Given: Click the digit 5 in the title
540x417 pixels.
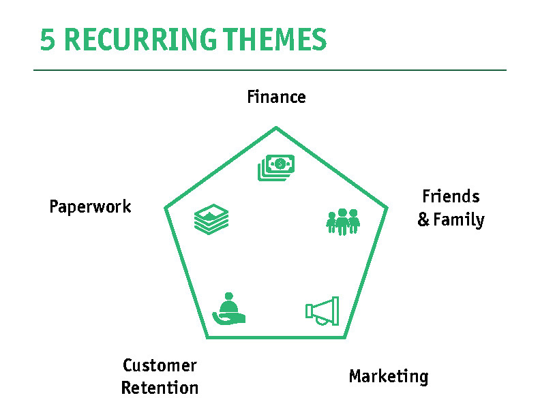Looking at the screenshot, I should click(47, 40).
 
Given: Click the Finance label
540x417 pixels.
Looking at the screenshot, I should click(276, 97).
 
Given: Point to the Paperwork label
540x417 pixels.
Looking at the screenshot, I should click(90, 206).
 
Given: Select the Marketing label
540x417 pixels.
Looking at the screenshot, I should click(389, 376).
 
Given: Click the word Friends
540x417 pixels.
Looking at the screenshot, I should click(451, 197).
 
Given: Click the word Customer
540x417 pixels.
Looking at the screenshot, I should click(160, 366).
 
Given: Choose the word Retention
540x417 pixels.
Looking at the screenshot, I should click(160, 388).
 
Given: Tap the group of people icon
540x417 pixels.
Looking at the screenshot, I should click(343, 221).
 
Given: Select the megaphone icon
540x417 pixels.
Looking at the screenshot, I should click(322, 311).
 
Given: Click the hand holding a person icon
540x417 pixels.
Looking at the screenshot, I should click(228, 309).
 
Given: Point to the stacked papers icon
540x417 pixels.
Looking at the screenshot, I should click(211, 219).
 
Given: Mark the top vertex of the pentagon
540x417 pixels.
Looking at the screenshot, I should click(276, 127).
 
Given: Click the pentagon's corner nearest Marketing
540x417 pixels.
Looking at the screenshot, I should click(344, 337).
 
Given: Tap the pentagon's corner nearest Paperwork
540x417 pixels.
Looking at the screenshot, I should click(166, 208).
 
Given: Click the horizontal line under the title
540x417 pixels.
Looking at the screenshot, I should click(270, 70).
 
